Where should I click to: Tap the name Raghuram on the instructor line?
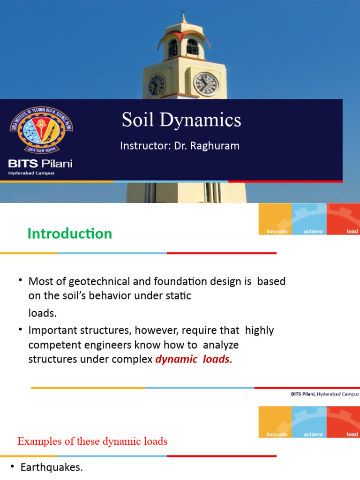tap(217, 146)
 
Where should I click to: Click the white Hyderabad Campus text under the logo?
tap(31, 173)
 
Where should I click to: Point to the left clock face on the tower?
tap(156, 85)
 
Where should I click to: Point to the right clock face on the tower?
tap(206, 84)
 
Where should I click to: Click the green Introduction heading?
tap(70, 233)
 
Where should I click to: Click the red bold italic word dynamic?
tap(173, 360)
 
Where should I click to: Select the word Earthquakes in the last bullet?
tap(52, 467)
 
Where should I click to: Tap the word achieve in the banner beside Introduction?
tap(313, 232)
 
